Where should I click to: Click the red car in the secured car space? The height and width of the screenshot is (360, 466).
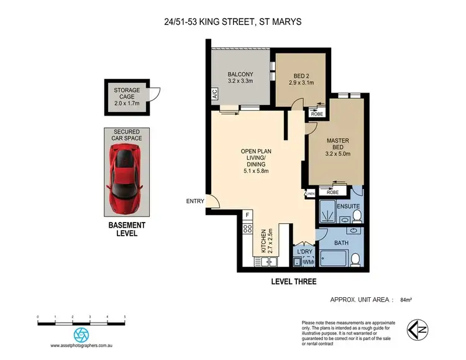coord(126,177)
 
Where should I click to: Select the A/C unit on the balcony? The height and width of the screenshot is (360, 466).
coord(214,96)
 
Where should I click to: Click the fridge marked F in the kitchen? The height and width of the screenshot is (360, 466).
coord(247,216)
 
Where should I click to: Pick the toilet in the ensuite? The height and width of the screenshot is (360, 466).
coord(357,216)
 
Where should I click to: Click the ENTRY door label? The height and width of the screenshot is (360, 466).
coord(194,201)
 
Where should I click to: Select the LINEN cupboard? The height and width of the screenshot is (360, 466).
coord(310,195)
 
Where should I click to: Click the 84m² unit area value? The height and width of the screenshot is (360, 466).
coord(406,300)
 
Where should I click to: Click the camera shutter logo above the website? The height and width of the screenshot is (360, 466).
coord(81,335)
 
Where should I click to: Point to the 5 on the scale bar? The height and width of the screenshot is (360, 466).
coord(125,317)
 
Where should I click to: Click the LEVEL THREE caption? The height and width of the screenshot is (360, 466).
coord(293,282)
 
